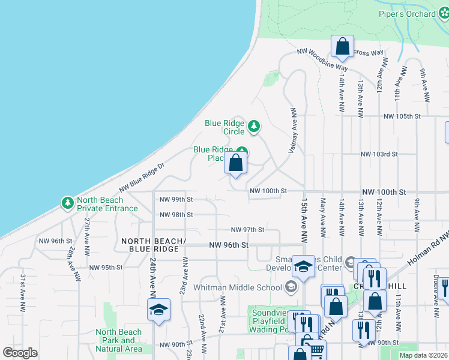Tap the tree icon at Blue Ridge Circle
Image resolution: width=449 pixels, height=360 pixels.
point(255,126)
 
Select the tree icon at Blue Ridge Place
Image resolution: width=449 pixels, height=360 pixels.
point(241,152)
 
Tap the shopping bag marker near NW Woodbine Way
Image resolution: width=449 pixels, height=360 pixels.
point(342,46)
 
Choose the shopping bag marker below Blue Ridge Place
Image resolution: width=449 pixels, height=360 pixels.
point(236,163)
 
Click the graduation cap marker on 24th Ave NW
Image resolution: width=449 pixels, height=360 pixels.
point(158,310)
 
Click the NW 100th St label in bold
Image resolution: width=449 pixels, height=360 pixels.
point(384,192)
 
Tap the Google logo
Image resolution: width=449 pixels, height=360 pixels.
point(20,353)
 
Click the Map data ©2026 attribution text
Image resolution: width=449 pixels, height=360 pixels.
point(423,355)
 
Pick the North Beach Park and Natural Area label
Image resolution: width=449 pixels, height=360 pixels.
point(119,340)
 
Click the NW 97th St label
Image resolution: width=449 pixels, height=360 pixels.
point(248,230)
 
